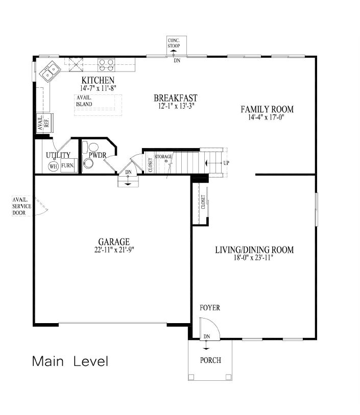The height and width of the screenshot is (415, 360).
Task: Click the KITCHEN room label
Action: tap(98, 81)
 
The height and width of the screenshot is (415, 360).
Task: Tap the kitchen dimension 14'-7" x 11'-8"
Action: tap(98, 88)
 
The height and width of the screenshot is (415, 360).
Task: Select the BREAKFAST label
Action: tap(175, 98)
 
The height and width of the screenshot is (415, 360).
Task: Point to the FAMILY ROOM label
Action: tap(267, 109)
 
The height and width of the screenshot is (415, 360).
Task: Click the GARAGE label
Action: tap(114, 242)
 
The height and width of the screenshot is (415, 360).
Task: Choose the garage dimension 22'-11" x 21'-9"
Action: tap(114, 250)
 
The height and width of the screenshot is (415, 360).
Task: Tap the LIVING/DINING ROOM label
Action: tap(254, 250)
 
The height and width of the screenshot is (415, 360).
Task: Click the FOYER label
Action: tap(210, 308)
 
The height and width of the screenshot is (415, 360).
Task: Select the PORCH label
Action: tap(210, 360)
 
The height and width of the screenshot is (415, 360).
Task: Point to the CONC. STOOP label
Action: tap(177, 44)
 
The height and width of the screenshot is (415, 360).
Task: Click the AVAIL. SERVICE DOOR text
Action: tap(22, 206)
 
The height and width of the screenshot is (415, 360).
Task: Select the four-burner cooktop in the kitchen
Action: tap(106, 64)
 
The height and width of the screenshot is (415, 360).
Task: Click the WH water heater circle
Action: tap(53, 166)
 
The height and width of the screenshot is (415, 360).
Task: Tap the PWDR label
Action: tap(97, 155)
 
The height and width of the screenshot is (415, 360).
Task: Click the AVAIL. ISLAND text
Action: tap(84, 101)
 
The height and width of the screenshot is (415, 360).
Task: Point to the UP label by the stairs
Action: tap(225, 163)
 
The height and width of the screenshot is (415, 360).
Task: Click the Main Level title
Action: tap(70, 361)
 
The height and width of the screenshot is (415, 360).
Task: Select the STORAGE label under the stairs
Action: tap(163, 156)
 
